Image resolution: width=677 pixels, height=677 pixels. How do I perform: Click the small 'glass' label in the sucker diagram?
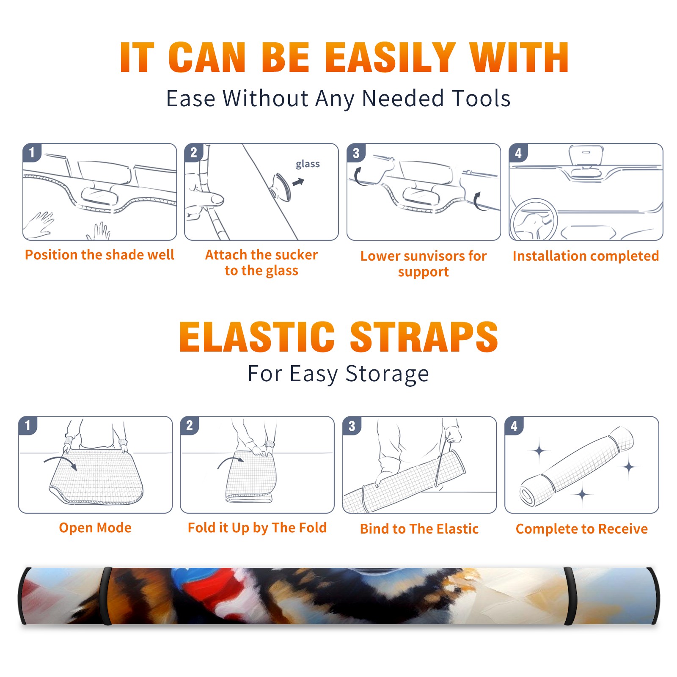click(x=308, y=164)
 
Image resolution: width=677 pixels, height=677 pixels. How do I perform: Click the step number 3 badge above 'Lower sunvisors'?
click(x=356, y=153)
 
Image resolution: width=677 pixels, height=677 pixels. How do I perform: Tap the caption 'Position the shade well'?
click(x=99, y=255)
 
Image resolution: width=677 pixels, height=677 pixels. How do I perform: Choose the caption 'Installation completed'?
click(x=586, y=256)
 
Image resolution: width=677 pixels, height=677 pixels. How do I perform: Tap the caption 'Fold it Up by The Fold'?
click(x=257, y=528)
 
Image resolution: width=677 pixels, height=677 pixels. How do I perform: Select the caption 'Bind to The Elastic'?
click(x=419, y=528)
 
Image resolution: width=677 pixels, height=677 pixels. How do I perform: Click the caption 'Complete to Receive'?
click(x=582, y=529)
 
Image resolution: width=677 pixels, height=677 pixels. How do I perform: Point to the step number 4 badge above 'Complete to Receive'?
click(x=514, y=426)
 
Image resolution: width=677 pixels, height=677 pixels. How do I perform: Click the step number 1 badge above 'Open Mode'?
click(x=28, y=426)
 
